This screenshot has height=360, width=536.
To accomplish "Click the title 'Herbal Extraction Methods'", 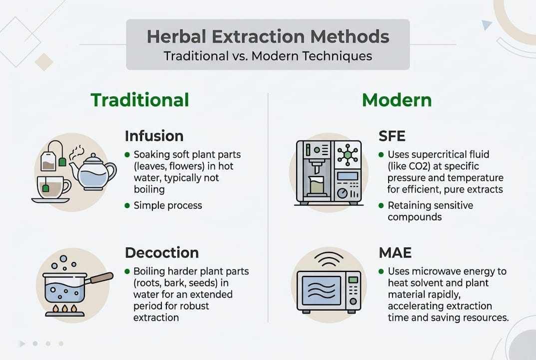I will pyautogui.click(x=268, y=36).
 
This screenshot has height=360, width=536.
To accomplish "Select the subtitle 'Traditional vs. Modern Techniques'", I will pyautogui.click(x=268, y=55).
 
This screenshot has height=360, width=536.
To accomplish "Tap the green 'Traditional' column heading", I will pyautogui.click(x=139, y=100).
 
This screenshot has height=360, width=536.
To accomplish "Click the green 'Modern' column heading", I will pyautogui.click(x=397, y=100).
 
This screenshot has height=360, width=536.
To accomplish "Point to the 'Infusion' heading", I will pyautogui.click(x=154, y=136).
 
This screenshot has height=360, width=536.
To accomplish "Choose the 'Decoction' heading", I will pyautogui.click(x=161, y=252).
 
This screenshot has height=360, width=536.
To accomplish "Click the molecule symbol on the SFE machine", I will pyautogui.click(x=348, y=155).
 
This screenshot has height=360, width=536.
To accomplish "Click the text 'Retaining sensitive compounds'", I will pyautogui.click(x=430, y=211).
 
